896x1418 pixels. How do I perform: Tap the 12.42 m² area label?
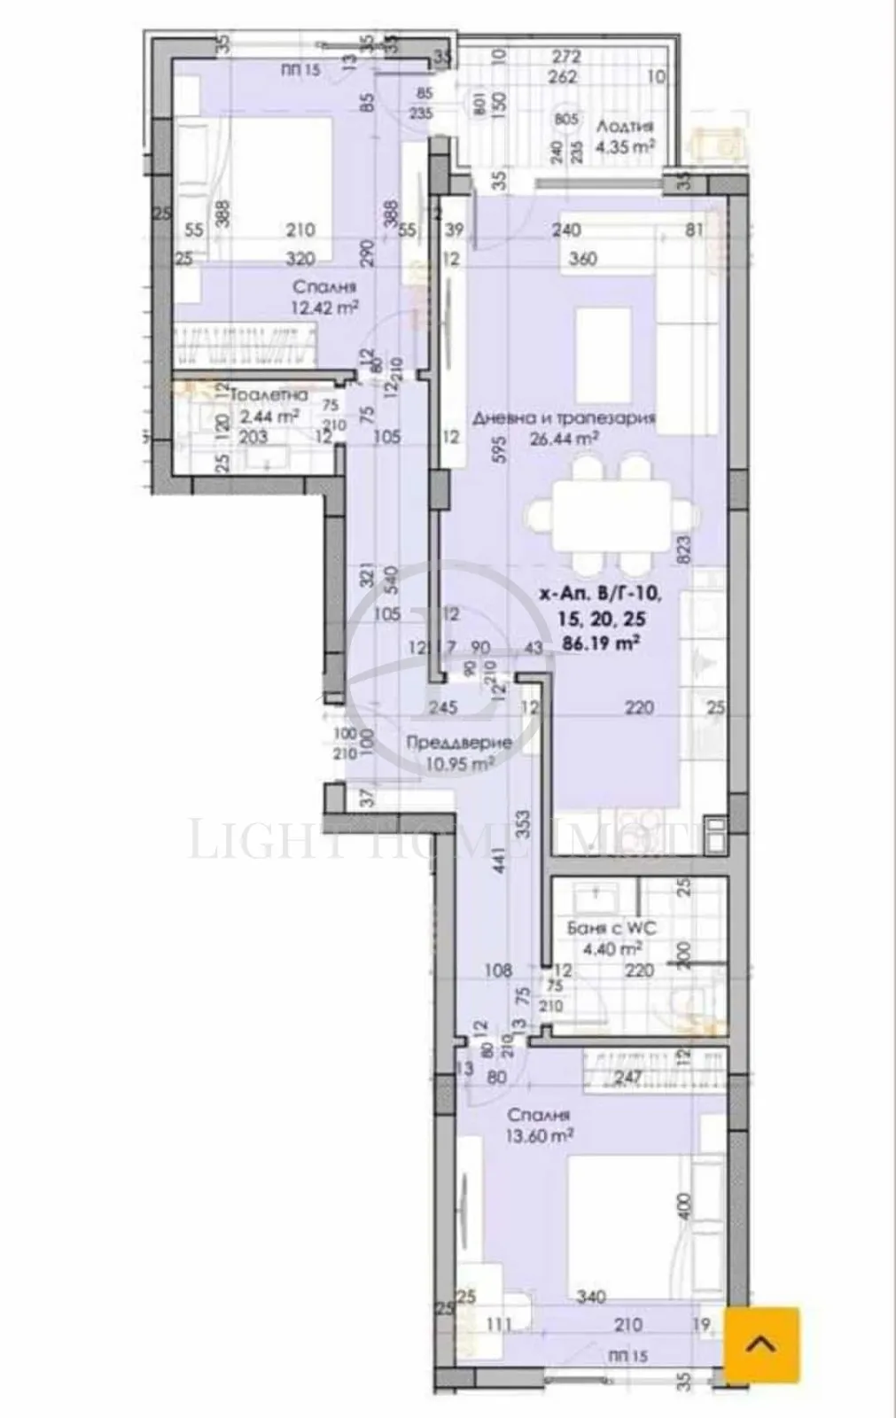click(324, 308)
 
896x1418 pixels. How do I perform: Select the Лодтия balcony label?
click(626, 126)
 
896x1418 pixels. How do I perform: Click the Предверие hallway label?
click(458, 743)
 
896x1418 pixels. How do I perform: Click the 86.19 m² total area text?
click(602, 644)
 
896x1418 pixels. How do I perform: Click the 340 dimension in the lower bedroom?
click(590, 1297)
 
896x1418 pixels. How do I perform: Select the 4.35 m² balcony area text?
click(625, 147)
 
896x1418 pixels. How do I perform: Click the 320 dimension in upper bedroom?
click(300, 260)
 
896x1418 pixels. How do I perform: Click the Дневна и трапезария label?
click(564, 418)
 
